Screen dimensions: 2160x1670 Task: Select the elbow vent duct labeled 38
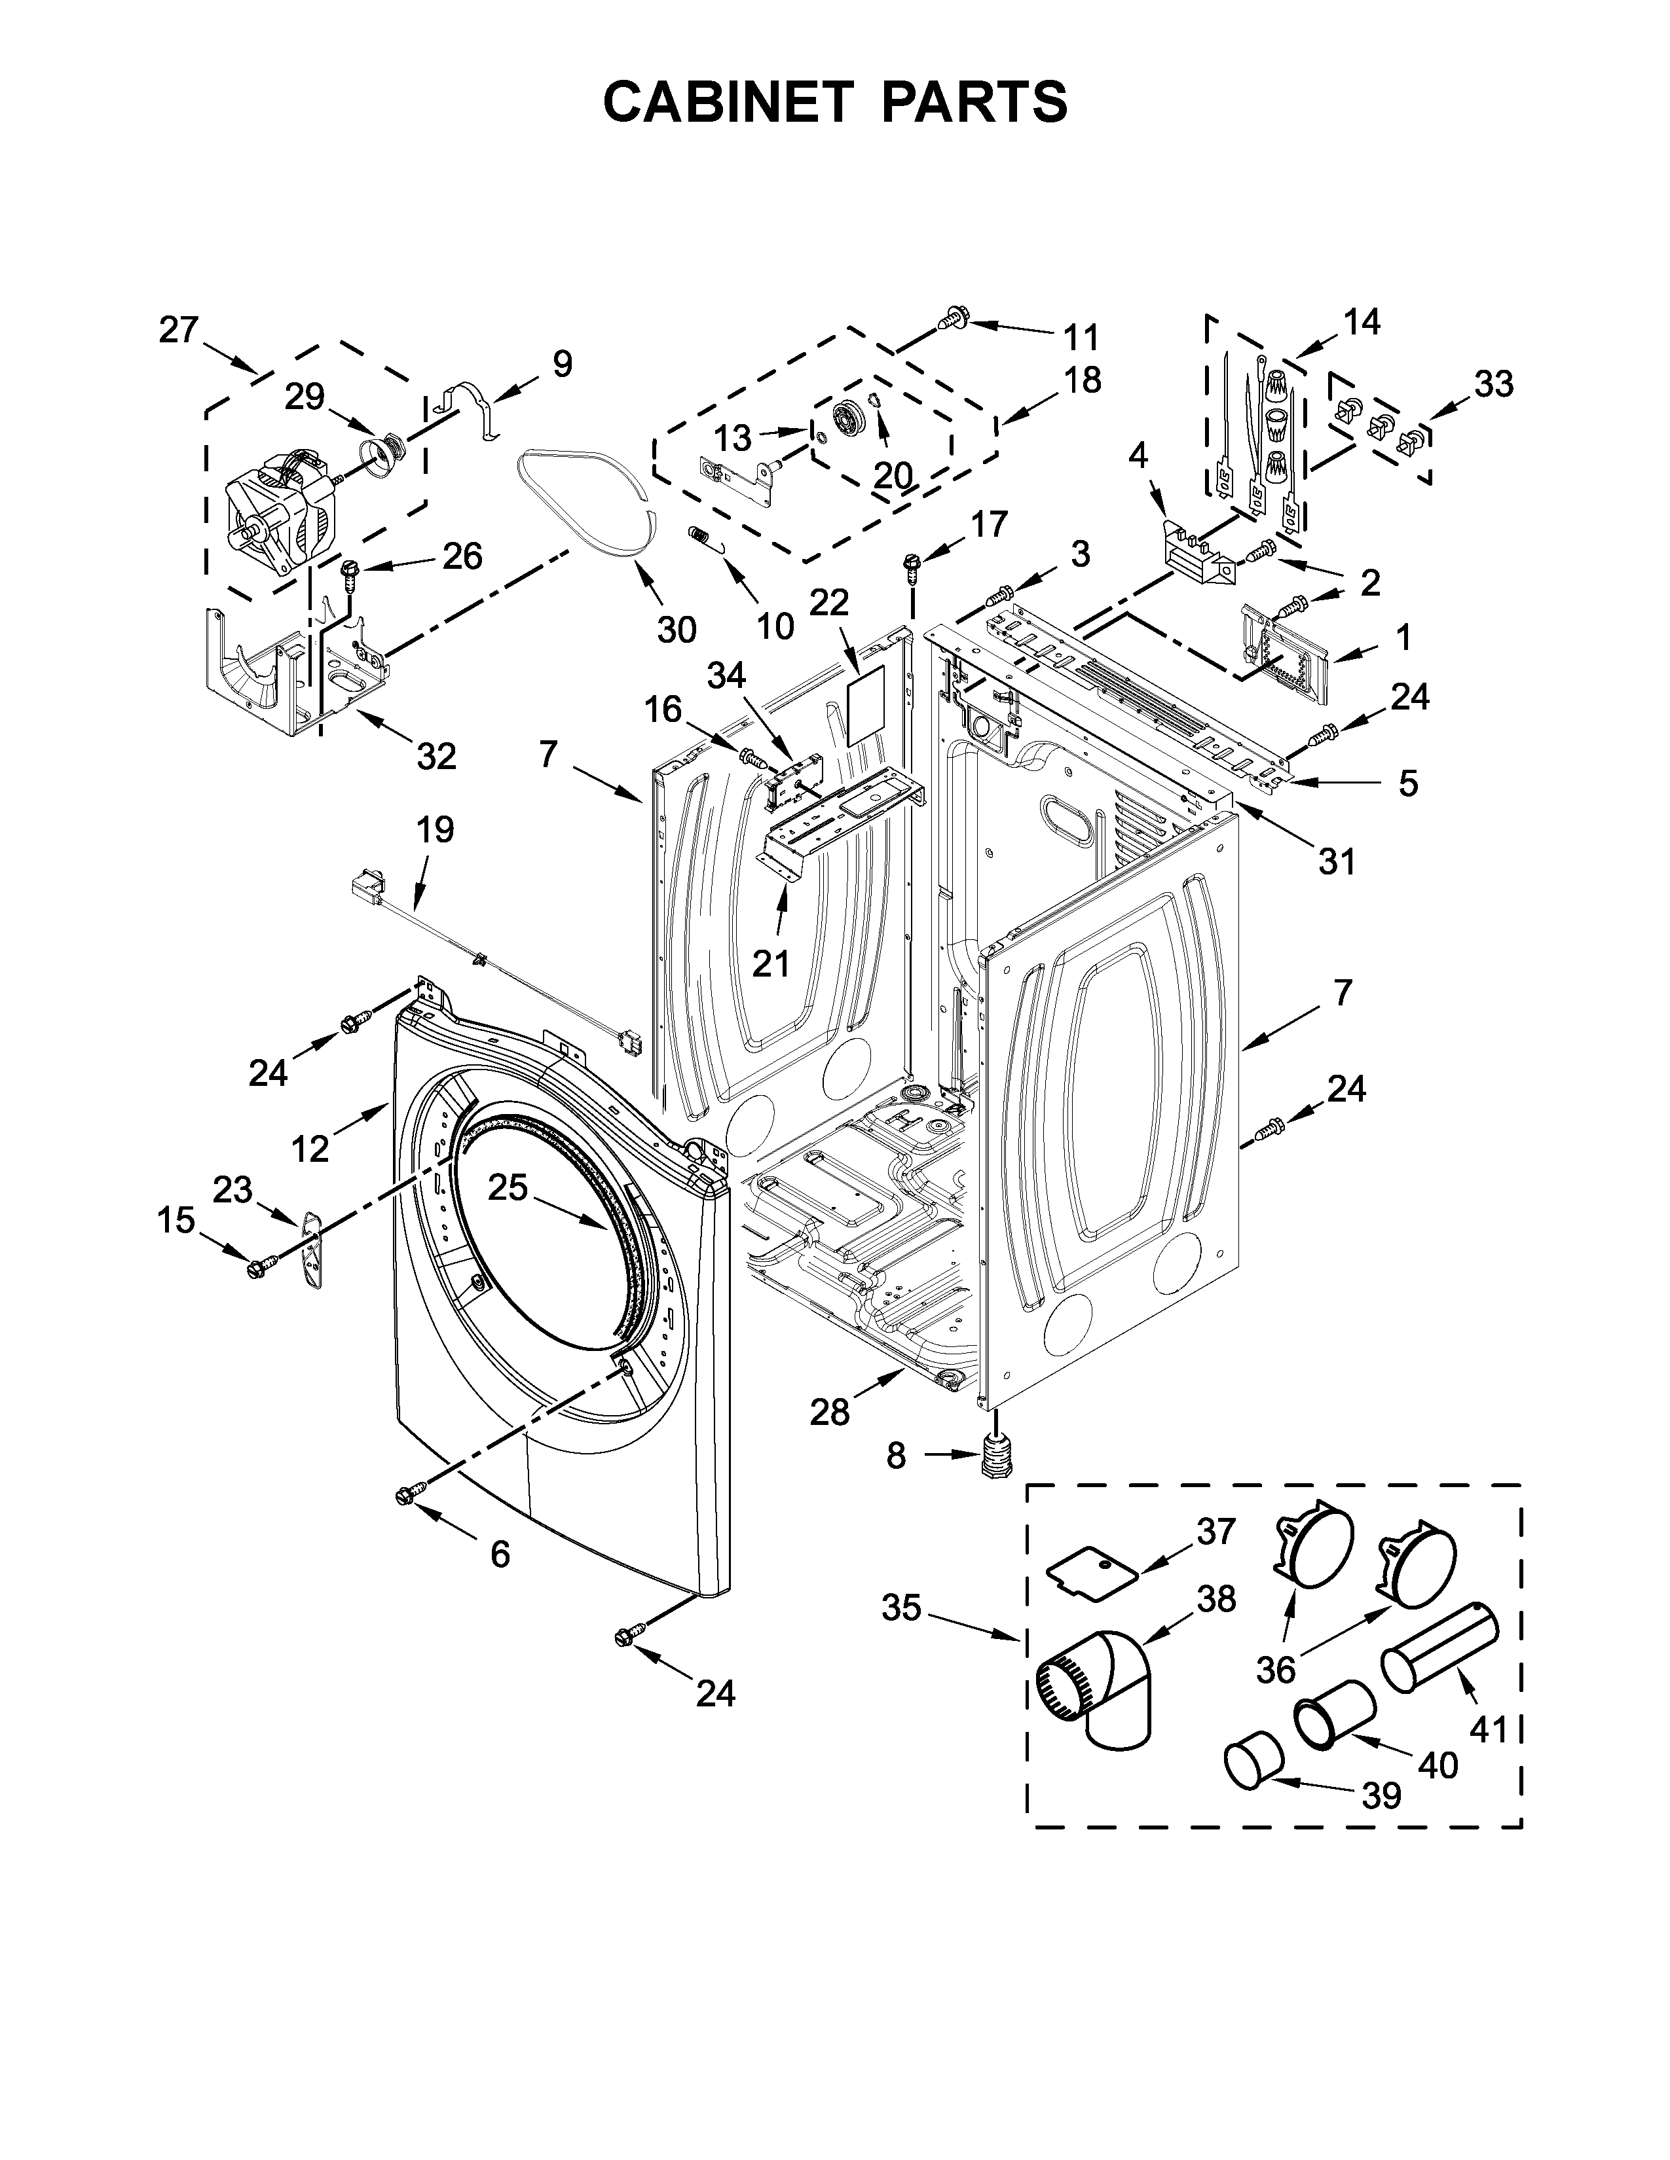tap(1098, 1688)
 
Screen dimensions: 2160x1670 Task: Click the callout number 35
tap(900, 1609)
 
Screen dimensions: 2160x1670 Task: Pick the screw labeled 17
tap(910, 569)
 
